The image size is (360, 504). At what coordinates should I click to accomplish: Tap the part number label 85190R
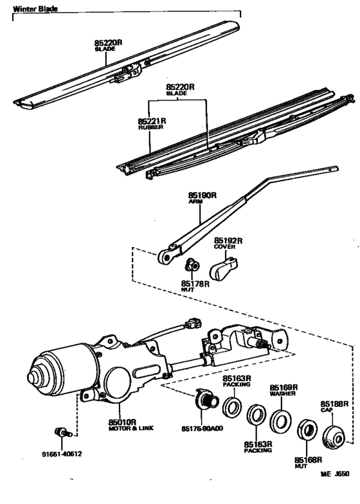tap(200, 195)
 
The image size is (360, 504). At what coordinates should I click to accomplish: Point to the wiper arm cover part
tap(224, 267)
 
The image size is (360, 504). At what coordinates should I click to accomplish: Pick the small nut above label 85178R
tap(190, 265)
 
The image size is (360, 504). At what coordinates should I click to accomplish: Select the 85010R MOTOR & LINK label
tap(122, 426)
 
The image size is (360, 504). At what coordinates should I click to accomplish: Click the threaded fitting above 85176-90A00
tap(208, 402)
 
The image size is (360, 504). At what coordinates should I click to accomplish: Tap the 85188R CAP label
tap(334, 406)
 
